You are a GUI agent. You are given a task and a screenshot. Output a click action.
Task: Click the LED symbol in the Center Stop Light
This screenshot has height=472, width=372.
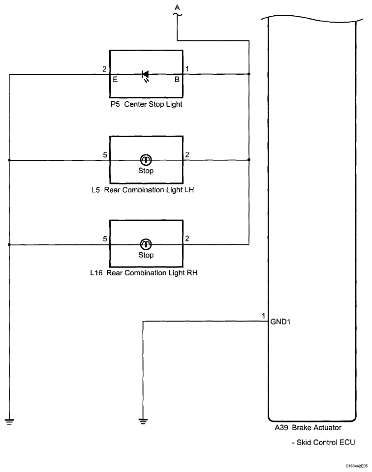coord(146,75)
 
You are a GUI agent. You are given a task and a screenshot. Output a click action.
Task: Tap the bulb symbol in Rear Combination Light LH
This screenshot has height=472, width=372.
coord(146,160)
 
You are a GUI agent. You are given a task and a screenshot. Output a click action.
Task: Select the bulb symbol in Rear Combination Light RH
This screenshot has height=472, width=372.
coord(146,244)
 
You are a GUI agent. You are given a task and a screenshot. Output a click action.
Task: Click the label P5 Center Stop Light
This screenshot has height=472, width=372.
coord(146,104)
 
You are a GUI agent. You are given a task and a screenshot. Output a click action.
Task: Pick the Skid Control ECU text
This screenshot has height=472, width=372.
coord(323,442)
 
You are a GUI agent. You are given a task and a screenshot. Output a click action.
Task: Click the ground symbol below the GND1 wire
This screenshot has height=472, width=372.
coord(143,421)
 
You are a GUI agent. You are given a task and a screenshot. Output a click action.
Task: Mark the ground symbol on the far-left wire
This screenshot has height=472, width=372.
coord(9,421)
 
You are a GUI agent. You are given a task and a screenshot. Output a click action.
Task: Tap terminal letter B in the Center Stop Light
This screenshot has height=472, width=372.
coord(177,79)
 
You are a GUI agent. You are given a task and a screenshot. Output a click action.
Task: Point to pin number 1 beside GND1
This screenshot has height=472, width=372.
coord(264,315)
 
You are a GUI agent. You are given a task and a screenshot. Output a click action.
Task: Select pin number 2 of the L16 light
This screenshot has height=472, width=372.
coord(187,239)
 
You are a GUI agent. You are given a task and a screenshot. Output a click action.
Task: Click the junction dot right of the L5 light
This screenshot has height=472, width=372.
coord(249,160)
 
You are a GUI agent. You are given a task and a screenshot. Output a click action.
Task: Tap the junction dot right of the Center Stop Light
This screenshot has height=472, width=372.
coord(249,75)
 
